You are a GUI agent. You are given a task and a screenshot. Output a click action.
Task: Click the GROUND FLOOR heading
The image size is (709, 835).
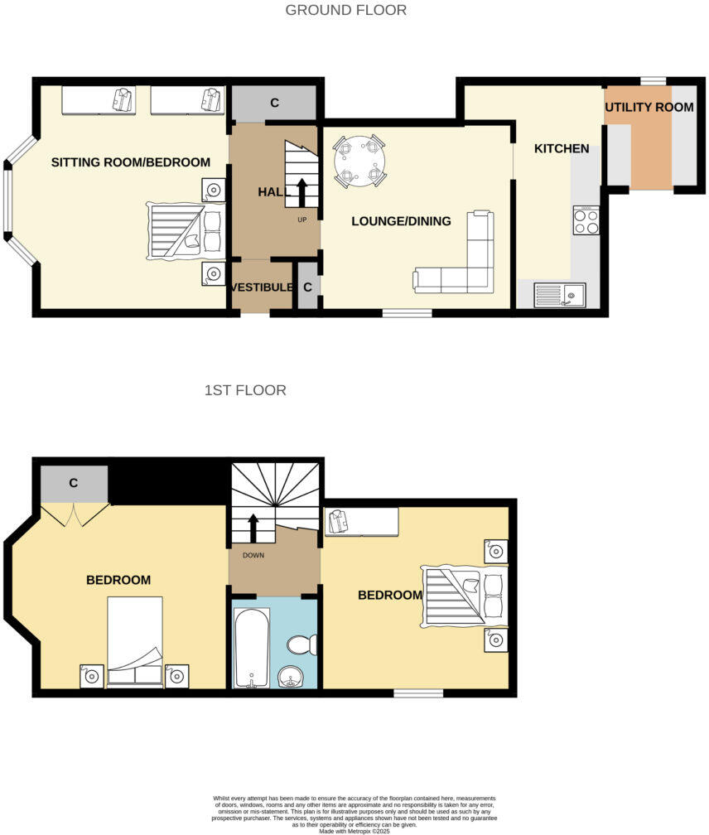[345, 11]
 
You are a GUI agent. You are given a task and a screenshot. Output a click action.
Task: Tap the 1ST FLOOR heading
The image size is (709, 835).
[245, 390]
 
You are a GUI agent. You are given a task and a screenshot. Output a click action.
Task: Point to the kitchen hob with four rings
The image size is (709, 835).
[586, 220]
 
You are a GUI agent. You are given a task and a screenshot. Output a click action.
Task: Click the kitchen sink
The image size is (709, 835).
[560, 294]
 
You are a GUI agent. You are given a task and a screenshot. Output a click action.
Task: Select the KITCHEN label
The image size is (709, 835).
[561, 149]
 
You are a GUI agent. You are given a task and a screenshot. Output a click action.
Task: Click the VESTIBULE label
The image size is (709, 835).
[262, 287]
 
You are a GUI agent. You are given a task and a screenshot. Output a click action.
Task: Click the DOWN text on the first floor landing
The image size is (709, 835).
[253, 555]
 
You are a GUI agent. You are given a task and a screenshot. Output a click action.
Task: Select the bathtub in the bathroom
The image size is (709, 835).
[249, 647]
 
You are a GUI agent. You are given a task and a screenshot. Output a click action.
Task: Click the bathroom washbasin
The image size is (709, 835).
[291, 676]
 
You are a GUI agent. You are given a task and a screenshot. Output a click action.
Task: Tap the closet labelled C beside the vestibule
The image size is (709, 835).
[307, 287]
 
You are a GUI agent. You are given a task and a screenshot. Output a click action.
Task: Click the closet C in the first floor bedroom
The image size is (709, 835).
[74, 483]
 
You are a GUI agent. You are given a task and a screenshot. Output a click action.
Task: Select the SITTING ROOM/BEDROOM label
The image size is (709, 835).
[131, 162]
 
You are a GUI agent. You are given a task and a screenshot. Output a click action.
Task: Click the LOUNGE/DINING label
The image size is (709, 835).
[401, 221]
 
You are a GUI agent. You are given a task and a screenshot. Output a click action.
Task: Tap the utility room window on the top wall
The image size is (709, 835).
[653, 80]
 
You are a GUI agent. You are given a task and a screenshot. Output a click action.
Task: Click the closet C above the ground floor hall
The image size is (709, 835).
[273, 104]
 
